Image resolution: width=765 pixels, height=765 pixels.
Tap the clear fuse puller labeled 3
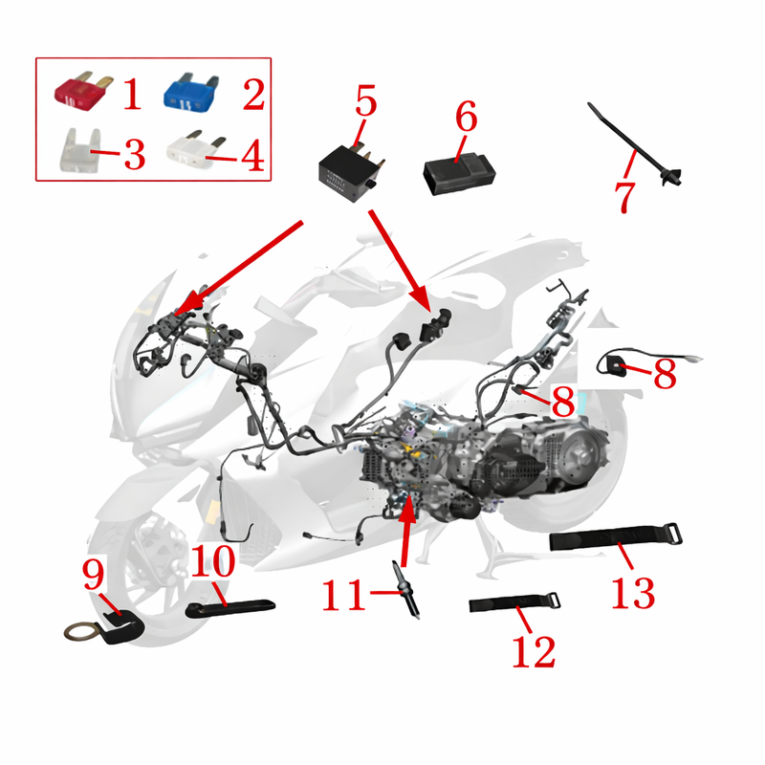click(x=80, y=150)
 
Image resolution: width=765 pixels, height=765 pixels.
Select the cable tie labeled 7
click(x=634, y=145)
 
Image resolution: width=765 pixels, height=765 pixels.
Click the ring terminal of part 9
click(x=79, y=633)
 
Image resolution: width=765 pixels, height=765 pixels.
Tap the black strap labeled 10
click(x=230, y=608)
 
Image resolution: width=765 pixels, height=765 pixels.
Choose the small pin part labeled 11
click(x=405, y=590)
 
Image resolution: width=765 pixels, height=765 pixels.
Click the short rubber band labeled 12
click(x=514, y=603)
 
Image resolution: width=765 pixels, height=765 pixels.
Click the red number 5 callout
click(x=366, y=100)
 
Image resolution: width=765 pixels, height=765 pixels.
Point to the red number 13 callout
click(x=633, y=593)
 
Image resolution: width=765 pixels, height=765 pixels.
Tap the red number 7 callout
click(x=625, y=197)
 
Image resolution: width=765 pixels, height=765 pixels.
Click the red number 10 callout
click(x=213, y=561)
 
